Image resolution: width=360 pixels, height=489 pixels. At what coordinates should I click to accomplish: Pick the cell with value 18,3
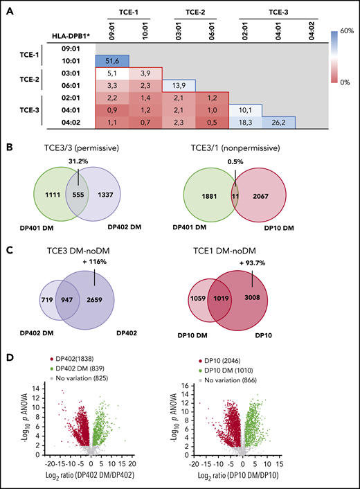[x=246, y=121]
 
